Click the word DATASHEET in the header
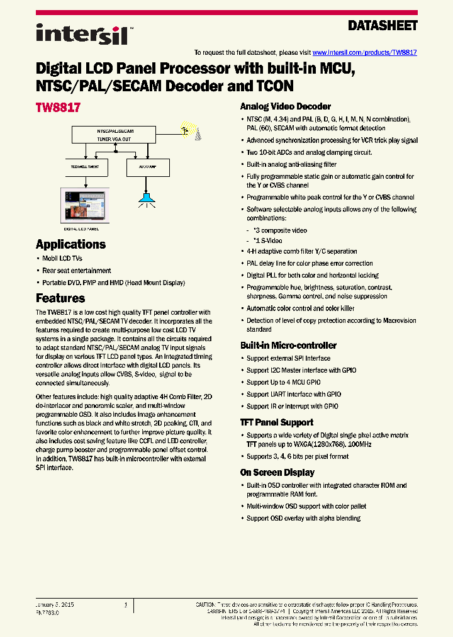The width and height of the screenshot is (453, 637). pos(383,26)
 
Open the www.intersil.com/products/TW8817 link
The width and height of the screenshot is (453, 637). pos(364,53)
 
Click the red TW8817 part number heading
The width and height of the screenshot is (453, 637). pos(58,108)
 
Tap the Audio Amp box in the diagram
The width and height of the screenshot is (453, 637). pos(148,167)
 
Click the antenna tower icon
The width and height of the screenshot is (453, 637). pos(196,132)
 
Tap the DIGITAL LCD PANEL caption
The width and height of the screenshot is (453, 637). pos(81,230)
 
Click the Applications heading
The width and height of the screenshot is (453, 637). pos(70,244)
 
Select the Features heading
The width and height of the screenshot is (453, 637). pos(60,298)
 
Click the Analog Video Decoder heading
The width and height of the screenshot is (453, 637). pos(286,106)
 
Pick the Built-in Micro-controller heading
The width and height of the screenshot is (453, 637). pos(288,345)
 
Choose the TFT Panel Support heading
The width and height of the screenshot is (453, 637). pos(276,422)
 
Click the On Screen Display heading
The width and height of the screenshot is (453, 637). pos(277,472)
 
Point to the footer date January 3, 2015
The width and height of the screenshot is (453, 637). pos(55,604)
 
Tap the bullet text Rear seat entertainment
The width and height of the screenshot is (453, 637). pos(77,271)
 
